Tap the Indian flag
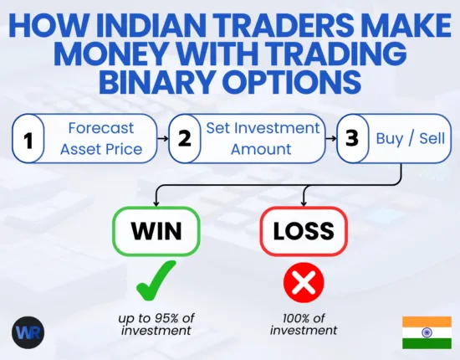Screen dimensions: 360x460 [427, 332]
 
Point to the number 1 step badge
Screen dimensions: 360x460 [28, 139]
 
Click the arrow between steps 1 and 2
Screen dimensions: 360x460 [164, 139]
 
